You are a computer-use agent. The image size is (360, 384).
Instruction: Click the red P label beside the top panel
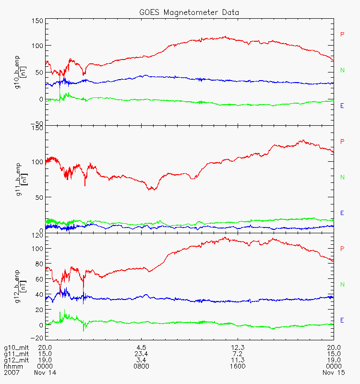point(342,34)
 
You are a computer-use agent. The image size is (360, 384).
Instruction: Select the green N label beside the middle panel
point(342,177)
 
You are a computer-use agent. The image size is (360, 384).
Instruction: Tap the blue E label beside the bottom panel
point(342,320)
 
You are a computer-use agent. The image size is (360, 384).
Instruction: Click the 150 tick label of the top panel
point(37,21)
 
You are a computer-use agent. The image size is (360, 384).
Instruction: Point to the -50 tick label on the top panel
point(37,123)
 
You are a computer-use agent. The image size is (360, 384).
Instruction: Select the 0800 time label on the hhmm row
point(141,366)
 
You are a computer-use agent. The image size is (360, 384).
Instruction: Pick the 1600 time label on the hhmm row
point(238,366)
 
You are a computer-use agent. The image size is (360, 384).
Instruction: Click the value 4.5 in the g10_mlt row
point(141,348)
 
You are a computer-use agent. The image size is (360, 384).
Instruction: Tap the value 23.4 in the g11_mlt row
point(141,354)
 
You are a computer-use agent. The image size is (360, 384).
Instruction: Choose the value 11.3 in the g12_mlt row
point(238,360)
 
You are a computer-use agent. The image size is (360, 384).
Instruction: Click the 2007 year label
point(11,372)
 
